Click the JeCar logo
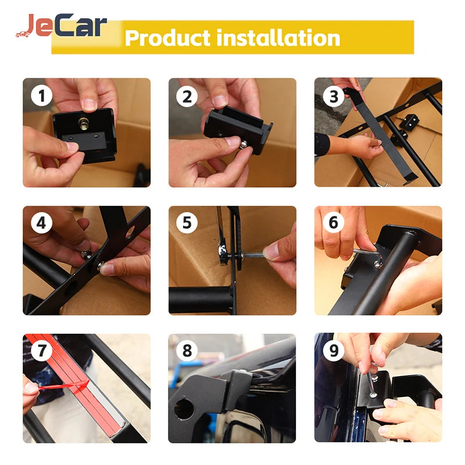pyautogui.click(x=61, y=27)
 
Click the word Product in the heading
pyautogui.click(x=167, y=38)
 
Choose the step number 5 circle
pyautogui.click(x=187, y=223)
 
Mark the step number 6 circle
pyautogui.click(x=333, y=223)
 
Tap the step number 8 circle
pyautogui.click(x=187, y=350)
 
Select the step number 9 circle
pyautogui.click(x=333, y=350)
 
